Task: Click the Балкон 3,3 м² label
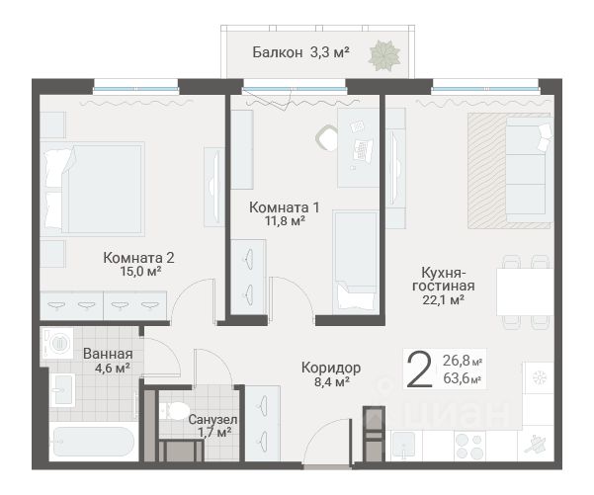300,52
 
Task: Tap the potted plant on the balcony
384,56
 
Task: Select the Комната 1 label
284,207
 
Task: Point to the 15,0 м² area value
140,271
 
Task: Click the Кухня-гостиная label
443,279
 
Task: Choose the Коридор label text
331,368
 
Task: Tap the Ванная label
108,354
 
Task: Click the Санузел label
212,420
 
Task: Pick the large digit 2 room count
419,369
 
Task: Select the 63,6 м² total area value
463,378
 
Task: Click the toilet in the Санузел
174,410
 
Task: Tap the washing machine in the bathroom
56,343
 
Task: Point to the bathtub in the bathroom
93,442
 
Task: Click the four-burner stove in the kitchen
469,446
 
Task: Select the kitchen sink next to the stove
407,446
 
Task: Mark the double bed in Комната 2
93,189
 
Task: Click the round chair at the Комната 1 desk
327,137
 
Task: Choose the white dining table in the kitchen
525,291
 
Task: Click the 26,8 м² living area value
463,361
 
